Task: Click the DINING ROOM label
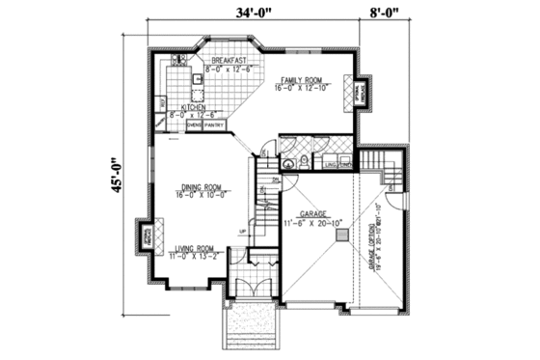[200, 190]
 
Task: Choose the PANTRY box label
[214, 125]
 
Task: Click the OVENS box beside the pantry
[193, 125]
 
